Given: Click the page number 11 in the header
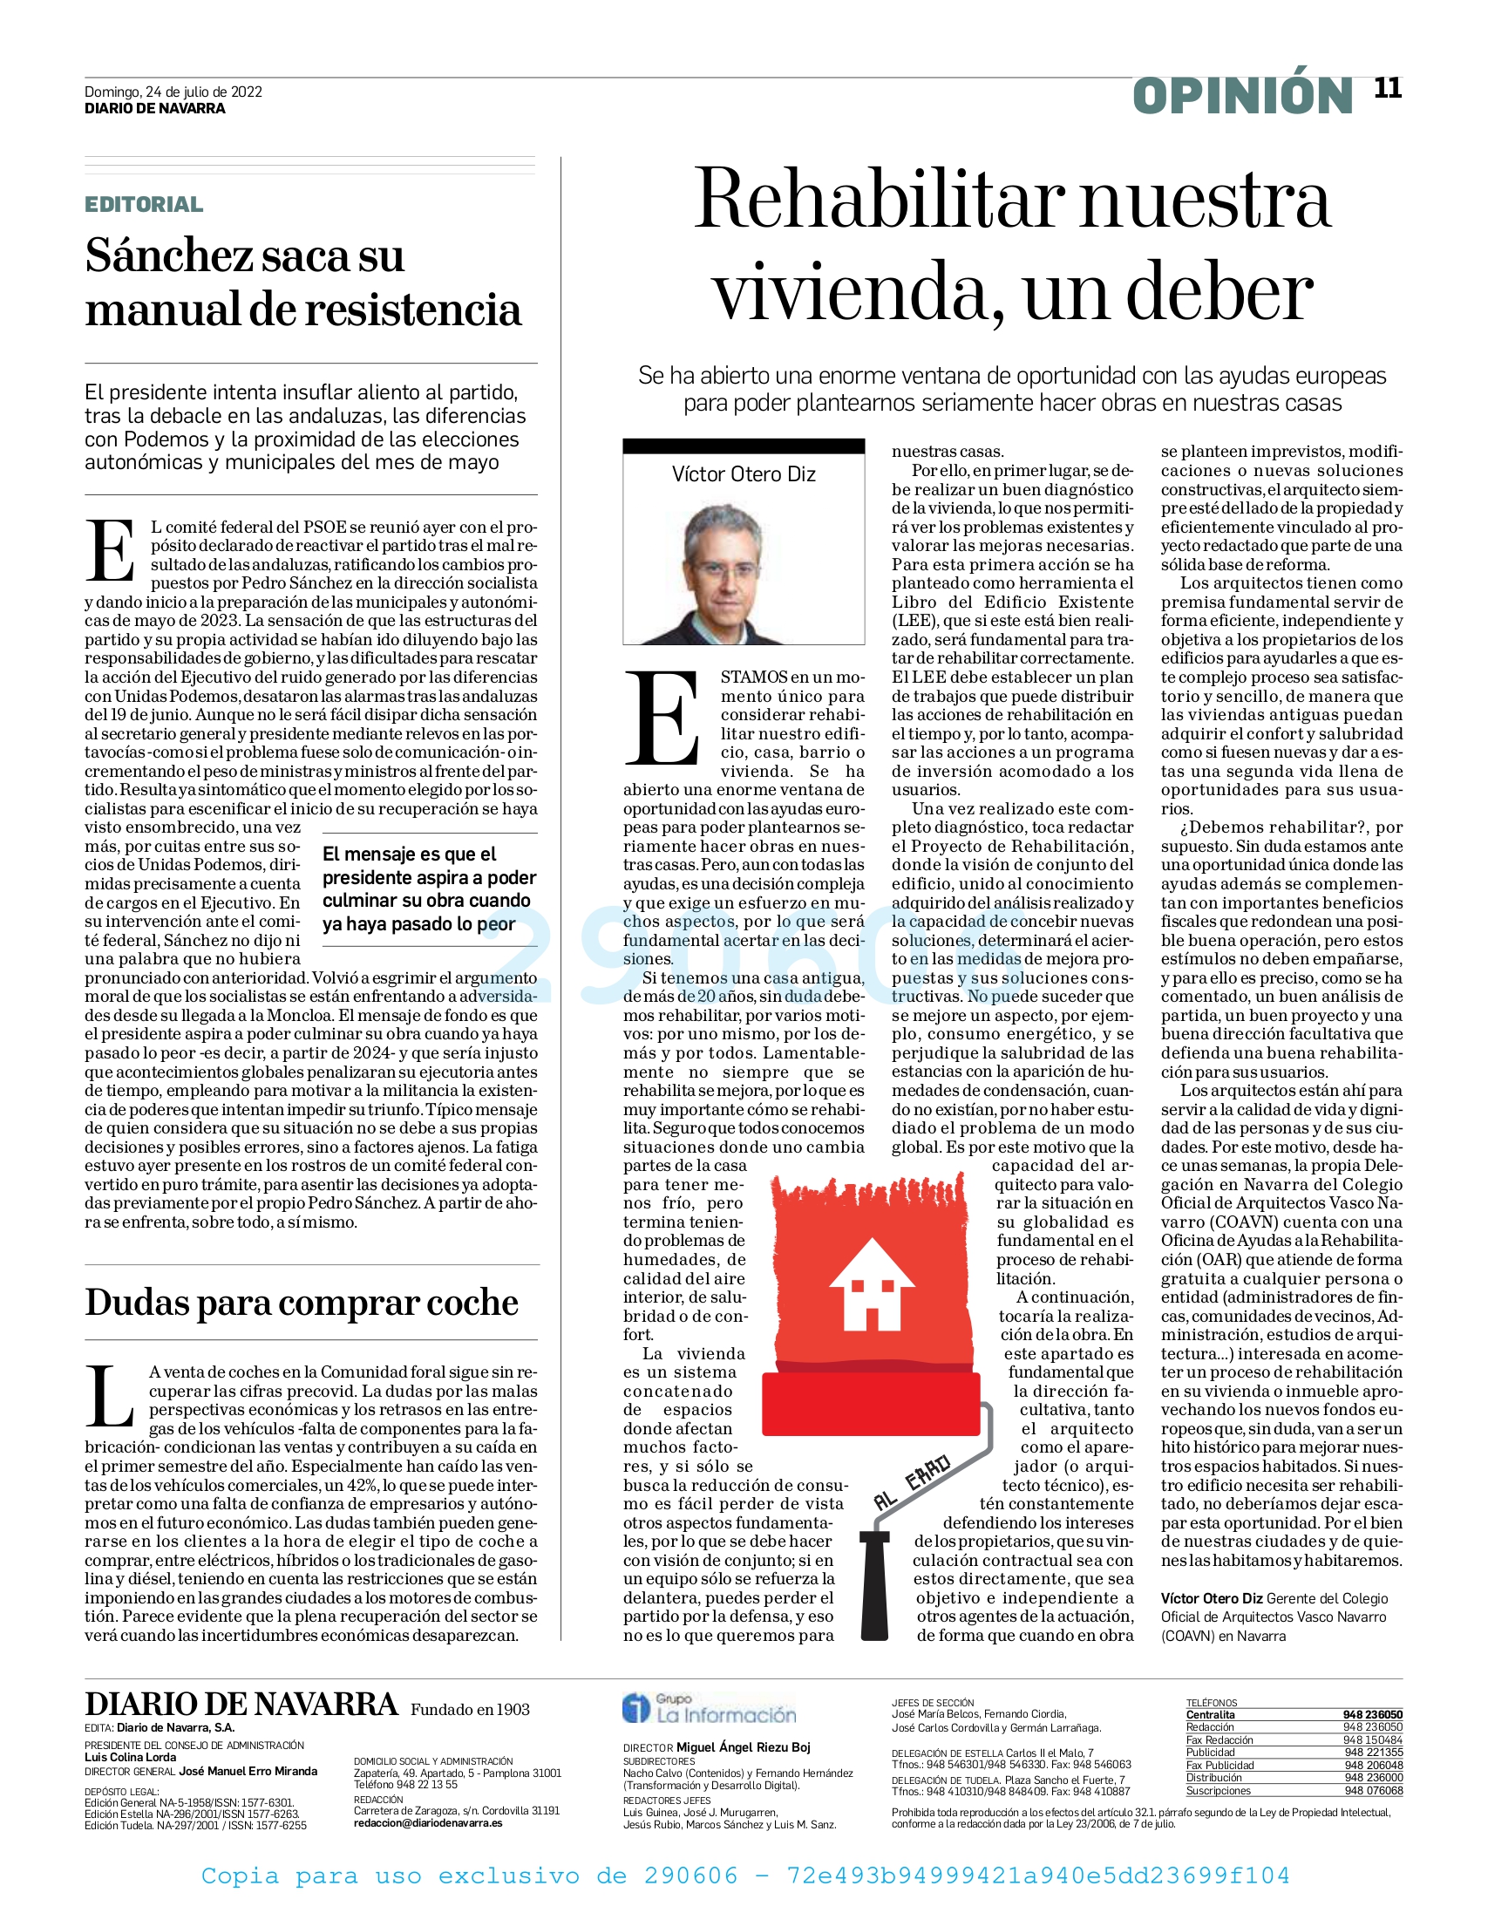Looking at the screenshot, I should click(1388, 88).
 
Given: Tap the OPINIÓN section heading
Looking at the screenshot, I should click(1243, 96).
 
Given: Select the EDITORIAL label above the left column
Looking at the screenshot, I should click(144, 204).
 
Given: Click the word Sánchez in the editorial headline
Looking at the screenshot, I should click(166, 256).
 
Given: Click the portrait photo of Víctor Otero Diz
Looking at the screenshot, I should click(744, 572).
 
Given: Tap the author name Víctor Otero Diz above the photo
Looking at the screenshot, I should click(744, 474).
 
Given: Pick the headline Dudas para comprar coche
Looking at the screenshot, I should click(302, 1303).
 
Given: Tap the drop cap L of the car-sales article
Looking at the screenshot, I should click(112, 1395).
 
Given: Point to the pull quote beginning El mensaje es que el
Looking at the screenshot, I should click(429, 889).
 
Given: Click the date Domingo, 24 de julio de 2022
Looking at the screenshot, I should click(173, 92).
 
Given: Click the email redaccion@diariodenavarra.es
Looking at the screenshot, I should click(428, 1823).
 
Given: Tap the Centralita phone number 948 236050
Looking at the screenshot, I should click(1372, 1715).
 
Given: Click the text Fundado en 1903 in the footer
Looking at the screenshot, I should click(471, 1710).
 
